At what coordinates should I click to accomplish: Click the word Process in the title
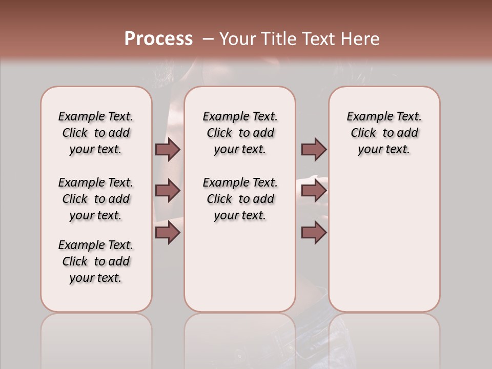click(158, 38)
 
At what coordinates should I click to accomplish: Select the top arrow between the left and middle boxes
click(168, 149)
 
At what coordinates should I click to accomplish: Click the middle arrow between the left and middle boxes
click(168, 191)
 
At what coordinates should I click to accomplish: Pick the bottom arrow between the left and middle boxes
click(168, 233)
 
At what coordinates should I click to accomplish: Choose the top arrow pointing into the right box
click(314, 149)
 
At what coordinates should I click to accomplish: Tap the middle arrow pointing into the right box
click(314, 191)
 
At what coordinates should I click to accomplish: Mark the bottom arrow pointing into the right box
click(314, 233)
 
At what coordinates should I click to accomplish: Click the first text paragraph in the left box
click(96, 133)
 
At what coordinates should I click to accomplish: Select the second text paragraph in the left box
click(96, 199)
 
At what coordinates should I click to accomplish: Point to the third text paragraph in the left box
click(96, 261)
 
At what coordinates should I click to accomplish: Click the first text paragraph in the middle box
click(240, 133)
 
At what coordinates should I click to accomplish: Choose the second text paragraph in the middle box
click(240, 199)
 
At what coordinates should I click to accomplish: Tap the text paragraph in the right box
click(384, 133)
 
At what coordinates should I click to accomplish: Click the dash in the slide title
click(208, 38)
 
